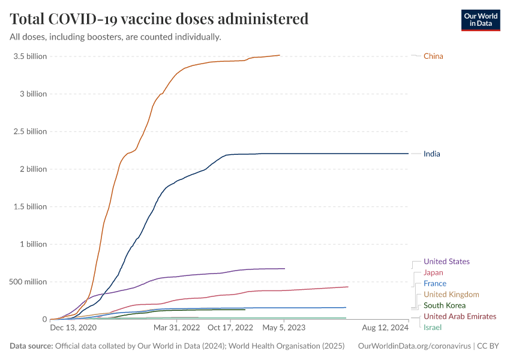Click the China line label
(433, 56)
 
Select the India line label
(431, 154)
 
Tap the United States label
(446, 262)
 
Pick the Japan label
(433, 272)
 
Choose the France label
(434, 283)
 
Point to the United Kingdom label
(451, 294)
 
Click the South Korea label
(444, 305)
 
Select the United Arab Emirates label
(460, 316)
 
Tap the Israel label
(432, 327)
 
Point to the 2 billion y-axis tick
(32, 169)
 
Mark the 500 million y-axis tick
(28, 282)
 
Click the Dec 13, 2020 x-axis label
(73, 328)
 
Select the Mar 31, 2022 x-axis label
(176, 328)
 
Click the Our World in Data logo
(480, 19)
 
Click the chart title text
(159, 19)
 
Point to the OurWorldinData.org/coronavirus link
(414, 346)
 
